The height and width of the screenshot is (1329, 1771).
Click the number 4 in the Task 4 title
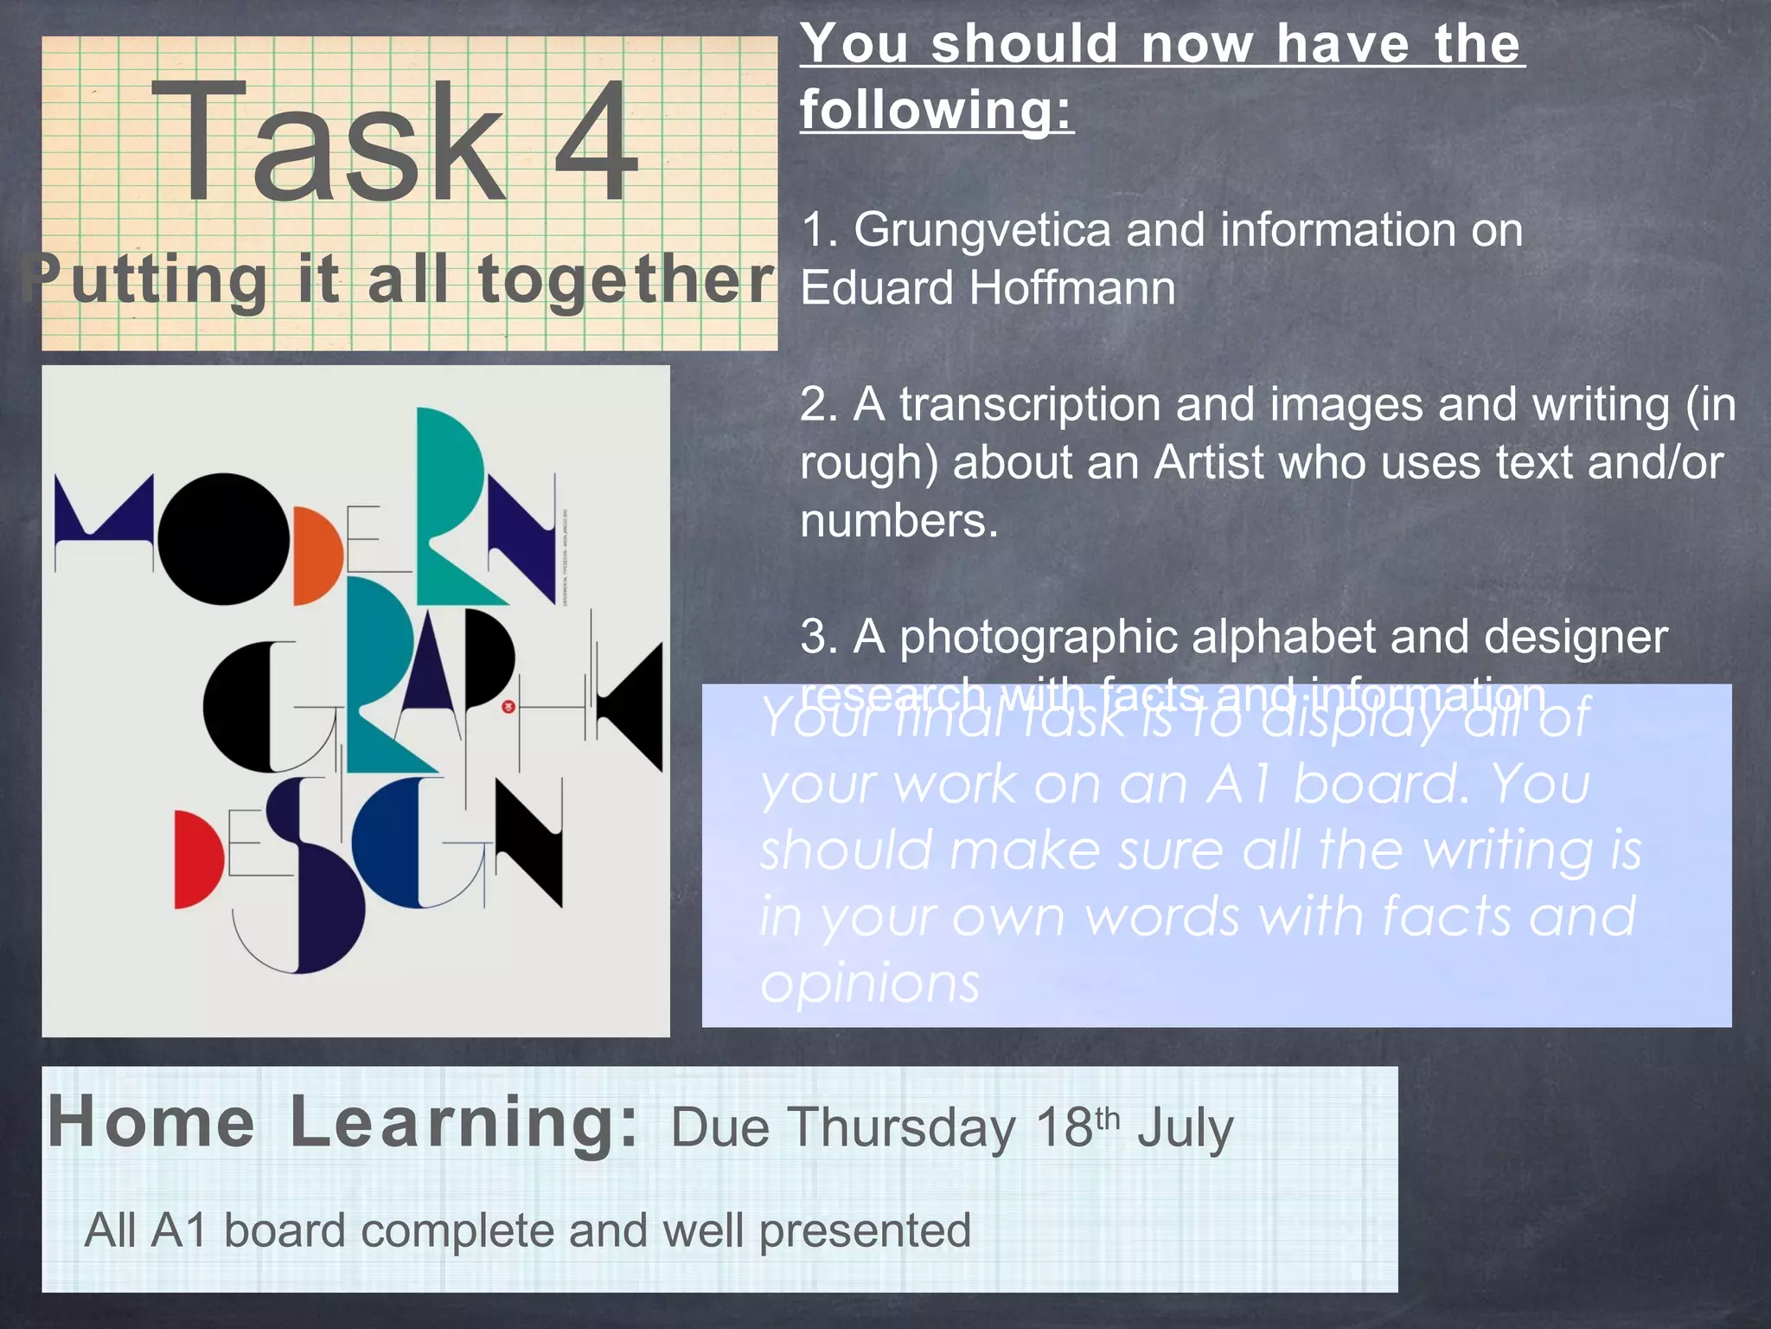click(x=597, y=140)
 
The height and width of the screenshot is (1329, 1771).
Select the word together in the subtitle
click(x=626, y=280)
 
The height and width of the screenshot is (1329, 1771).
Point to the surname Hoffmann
click(x=1071, y=288)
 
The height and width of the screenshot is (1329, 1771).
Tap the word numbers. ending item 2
click(x=898, y=521)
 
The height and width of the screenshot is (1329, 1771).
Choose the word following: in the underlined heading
click(x=937, y=110)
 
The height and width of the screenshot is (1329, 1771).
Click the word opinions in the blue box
click(x=869, y=984)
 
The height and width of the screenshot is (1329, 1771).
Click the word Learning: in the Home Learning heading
click(x=464, y=1122)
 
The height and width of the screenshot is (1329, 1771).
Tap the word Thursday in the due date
click(x=904, y=1128)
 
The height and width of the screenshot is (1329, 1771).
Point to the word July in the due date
click(x=1185, y=1128)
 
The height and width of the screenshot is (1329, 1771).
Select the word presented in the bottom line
click(x=865, y=1230)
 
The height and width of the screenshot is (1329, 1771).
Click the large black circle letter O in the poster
click(x=224, y=538)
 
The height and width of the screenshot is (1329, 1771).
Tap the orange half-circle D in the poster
click(x=316, y=556)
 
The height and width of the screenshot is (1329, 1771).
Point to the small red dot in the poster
click(x=508, y=706)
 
